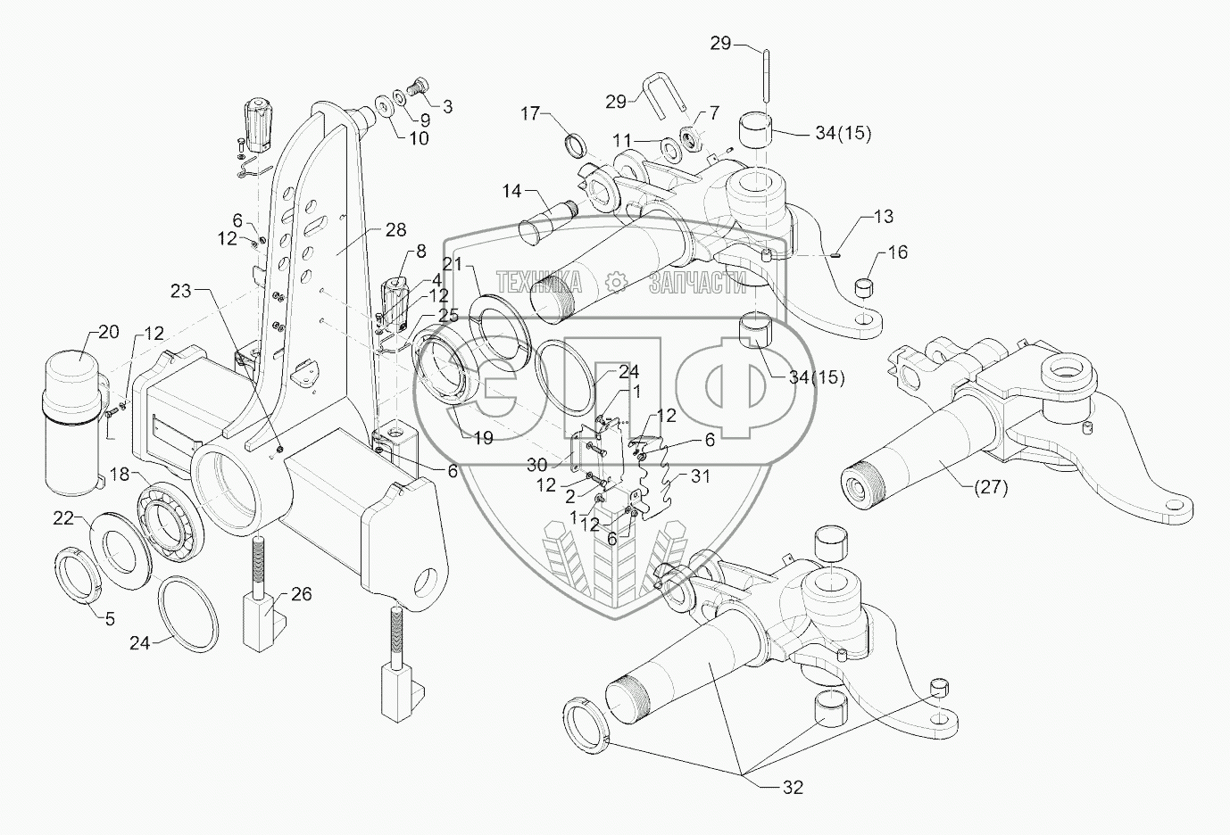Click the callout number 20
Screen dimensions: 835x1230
pos(107,332)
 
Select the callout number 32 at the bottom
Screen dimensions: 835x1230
pos(792,787)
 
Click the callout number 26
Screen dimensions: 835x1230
pos(301,593)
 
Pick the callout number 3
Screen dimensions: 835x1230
pos(446,106)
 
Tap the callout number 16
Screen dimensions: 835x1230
pos(897,252)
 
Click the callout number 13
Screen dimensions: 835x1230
pos(882,217)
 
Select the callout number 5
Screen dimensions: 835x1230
pos(109,618)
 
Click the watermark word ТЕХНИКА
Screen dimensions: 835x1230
pos(539,283)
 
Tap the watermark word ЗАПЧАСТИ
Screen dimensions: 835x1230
pos(697,283)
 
